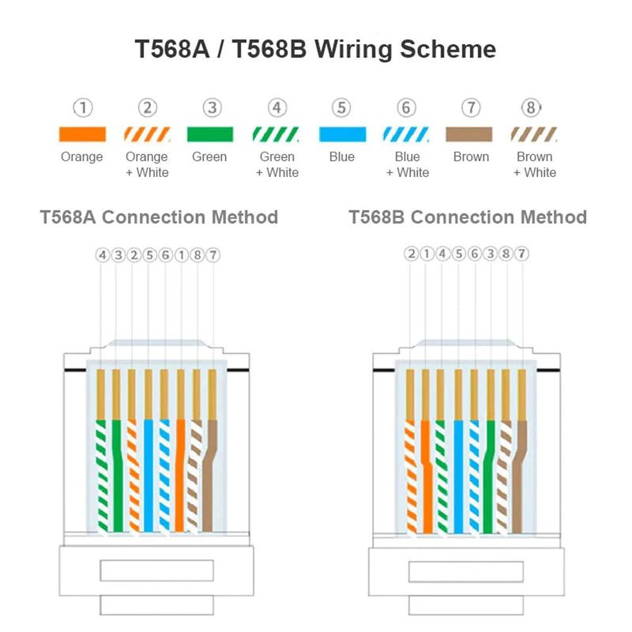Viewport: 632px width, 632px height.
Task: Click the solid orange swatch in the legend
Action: [x=82, y=134]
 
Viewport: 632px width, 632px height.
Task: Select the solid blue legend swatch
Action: [x=342, y=134]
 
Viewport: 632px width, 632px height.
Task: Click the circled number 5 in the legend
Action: [x=341, y=108]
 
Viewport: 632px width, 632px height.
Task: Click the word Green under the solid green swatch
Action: [x=209, y=157]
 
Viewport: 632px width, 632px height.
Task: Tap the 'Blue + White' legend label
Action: [x=407, y=164]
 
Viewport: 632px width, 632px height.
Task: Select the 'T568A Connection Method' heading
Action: [x=159, y=217]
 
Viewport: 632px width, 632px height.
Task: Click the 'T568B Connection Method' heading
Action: [x=468, y=217]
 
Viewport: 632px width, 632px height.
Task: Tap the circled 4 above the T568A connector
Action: [x=102, y=255]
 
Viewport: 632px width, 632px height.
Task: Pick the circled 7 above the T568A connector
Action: [x=213, y=255]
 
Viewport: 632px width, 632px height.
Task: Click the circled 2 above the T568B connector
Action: [x=410, y=254]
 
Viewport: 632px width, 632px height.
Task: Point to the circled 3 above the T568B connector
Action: [x=490, y=254]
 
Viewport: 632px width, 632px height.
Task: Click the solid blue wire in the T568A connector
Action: [x=149, y=474]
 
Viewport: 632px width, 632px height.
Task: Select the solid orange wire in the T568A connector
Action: [x=180, y=474]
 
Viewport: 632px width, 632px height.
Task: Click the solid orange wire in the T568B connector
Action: [x=427, y=474]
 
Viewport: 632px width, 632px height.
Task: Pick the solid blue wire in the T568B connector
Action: [x=458, y=474]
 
